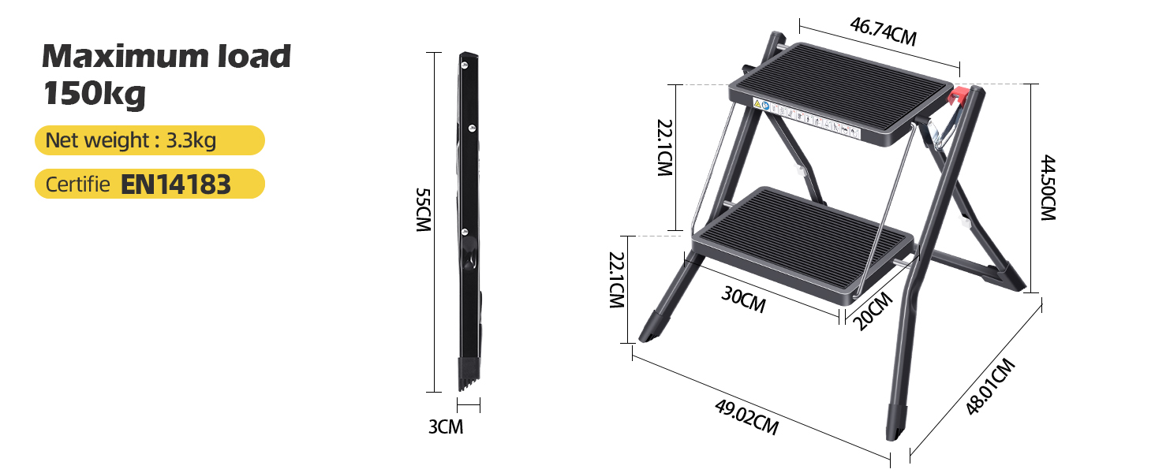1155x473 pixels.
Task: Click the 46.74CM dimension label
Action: (883, 32)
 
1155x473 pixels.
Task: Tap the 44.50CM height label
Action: (1047, 187)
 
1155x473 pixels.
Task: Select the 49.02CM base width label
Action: (746, 417)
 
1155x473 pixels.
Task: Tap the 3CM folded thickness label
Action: (446, 427)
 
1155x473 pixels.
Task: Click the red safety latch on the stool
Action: (959, 98)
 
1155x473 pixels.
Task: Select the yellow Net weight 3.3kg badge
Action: (149, 140)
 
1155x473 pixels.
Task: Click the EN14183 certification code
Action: (175, 184)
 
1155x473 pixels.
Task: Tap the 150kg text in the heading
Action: (95, 94)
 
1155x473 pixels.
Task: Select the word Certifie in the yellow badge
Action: (78, 184)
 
